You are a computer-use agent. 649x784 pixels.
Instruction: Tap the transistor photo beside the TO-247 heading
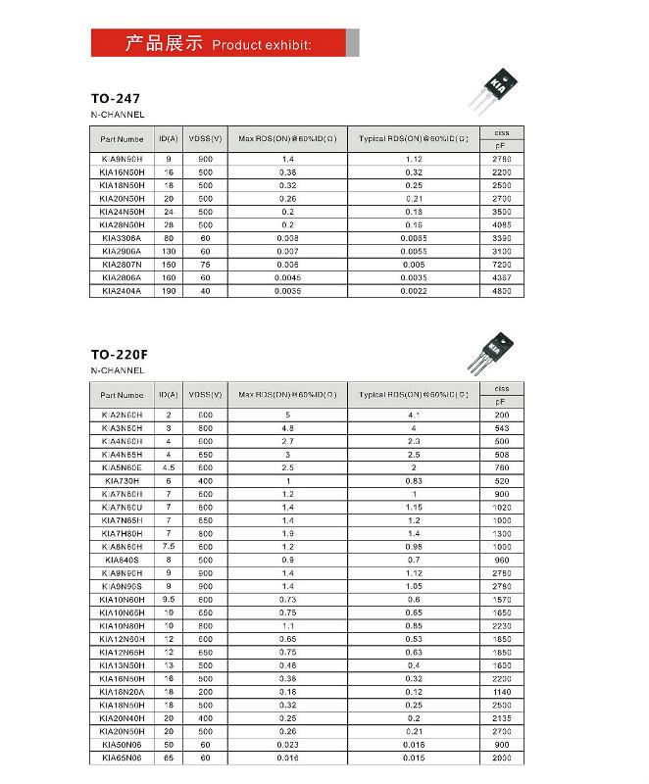(x=501, y=82)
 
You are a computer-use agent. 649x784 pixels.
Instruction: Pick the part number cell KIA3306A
(x=122, y=238)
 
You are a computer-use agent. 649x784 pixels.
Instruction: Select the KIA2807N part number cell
(x=122, y=265)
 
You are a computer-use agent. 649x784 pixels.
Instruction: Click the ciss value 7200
(x=501, y=265)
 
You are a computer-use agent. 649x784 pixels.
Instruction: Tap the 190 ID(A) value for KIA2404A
(x=168, y=291)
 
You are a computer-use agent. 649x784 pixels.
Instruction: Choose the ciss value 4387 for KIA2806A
(x=501, y=277)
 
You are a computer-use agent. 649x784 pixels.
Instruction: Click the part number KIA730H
(x=122, y=481)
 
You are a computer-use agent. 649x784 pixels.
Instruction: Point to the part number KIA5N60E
(x=122, y=467)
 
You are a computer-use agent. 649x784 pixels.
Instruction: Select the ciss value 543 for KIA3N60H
(x=501, y=428)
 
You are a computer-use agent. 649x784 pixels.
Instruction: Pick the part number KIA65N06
(x=122, y=759)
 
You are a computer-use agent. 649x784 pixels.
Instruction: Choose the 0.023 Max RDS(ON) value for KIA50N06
(x=287, y=746)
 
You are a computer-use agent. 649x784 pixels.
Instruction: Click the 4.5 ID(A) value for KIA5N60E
(x=168, y=467)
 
